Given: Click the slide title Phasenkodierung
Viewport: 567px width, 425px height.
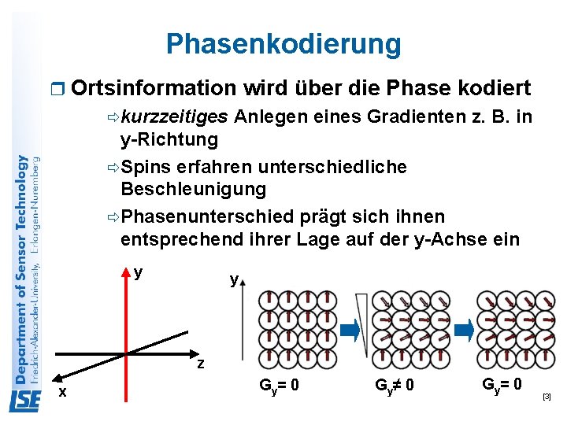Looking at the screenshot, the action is pos(283,44).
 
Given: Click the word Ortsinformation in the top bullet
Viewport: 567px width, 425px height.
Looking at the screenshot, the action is pos(153,88).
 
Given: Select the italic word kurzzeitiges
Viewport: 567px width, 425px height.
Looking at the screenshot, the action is pos(175,118).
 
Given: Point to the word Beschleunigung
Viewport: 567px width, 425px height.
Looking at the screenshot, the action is pos(193,189).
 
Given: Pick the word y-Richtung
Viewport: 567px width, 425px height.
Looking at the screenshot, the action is pos(169,140).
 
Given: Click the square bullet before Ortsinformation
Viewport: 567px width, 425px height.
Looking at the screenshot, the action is pos(54,89).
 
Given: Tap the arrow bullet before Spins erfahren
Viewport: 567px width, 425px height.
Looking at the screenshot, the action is pos(112,168).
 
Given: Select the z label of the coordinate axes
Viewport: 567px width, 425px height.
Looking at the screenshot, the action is pos(201,364).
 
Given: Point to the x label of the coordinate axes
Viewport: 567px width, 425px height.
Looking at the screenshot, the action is pos(62,392).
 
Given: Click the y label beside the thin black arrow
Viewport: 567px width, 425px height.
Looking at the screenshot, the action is pos(234,279).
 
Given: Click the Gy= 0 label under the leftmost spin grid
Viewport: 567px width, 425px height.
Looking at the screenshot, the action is pos(280,386).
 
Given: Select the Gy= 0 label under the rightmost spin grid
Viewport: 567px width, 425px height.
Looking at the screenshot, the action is pos(501,385).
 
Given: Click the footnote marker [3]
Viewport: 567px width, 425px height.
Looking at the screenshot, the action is pos(547,397).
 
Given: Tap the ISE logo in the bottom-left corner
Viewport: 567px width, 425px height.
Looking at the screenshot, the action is pos(25,401).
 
